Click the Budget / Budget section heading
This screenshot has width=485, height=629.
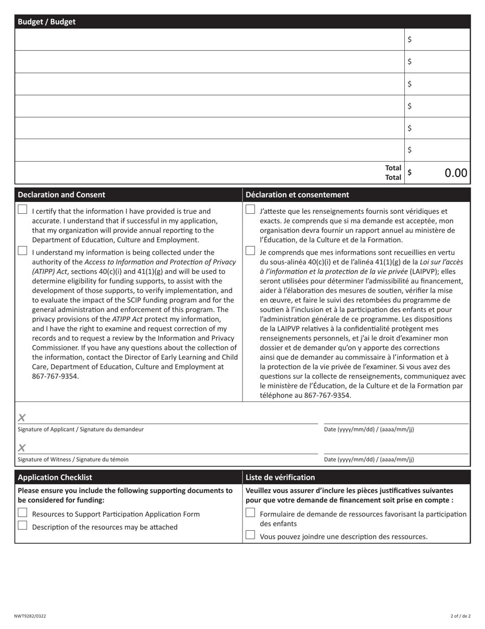click(46, 21)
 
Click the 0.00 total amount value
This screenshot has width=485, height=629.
click(455, 173)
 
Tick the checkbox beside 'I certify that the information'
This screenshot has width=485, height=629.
click(22, 210)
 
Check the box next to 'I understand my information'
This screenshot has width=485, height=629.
click(22, 251)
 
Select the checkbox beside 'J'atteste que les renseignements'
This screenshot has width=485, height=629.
click(250, 210)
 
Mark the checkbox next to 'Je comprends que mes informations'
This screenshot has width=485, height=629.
click(250, 251)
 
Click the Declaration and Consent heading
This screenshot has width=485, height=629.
click(61, 195)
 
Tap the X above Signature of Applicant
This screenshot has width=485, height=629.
click(21, 418)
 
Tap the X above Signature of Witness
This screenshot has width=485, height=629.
click(21, 448)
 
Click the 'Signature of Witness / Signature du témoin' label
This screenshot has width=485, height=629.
click(73, 459)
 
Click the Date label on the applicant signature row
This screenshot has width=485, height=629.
click(369, 430)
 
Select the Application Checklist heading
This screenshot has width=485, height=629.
click(55, 477)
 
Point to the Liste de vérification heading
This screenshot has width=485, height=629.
click(280, 477)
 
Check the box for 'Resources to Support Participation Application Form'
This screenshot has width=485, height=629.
click(22, 513)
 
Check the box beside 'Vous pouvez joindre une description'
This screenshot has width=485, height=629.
click(250, 535)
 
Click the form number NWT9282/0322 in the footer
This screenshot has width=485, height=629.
click(30, 616)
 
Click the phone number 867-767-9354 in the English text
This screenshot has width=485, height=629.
click(55, 376)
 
